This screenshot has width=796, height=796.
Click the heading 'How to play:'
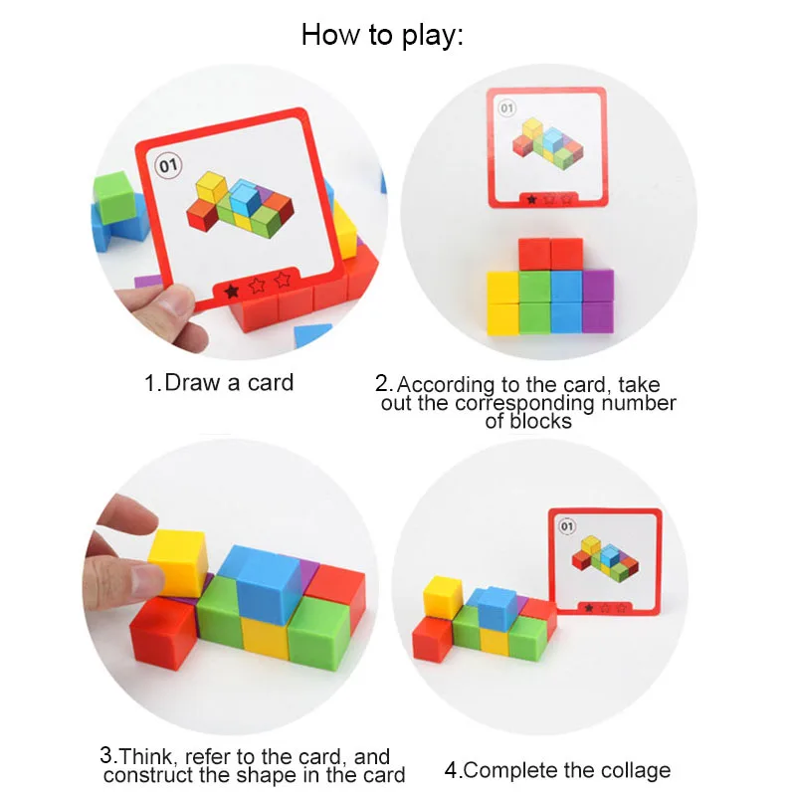click(382, 36)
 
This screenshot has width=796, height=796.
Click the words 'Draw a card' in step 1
click(229, 383)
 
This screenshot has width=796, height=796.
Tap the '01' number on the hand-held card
click(166, 164)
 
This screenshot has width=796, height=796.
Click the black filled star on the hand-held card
click(231, 291)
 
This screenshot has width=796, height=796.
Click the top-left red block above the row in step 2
click(533, 254)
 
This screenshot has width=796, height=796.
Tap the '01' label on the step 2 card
click(506, 107)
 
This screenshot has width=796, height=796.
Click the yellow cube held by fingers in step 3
click(177, 560)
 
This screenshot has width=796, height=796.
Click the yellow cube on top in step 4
click(443, 595)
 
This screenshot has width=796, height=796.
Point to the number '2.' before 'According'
click(384, 384)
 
